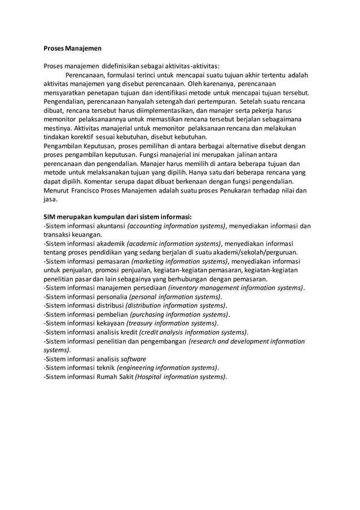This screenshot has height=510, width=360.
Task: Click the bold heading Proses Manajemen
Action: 72,48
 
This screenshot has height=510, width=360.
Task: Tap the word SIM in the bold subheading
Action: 51,217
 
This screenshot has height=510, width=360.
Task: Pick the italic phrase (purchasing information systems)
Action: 179,314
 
